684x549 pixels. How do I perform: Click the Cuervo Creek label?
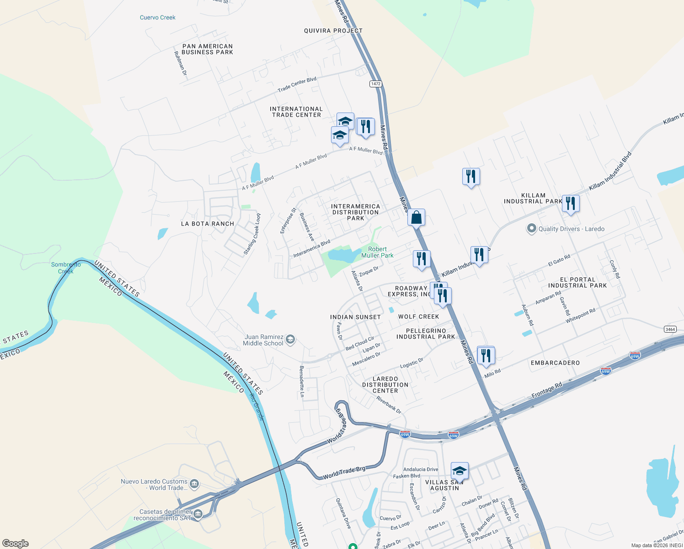point(158,17)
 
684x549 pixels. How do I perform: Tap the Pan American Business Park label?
point(207,49)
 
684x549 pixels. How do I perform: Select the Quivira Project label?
point(333,31)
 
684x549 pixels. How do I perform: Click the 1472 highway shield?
point(376,84)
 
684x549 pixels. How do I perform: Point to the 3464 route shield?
point(670,329)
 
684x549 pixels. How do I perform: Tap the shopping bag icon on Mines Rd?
point(416,217)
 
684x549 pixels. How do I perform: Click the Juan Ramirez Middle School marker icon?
point(290,339)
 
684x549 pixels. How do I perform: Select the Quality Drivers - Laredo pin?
point(531,228)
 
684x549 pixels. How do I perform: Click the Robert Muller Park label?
point(377,252)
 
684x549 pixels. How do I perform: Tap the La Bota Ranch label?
point(208,224)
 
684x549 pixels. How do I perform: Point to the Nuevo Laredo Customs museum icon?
point(194,484)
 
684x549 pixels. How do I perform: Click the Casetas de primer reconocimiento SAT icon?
point(198,514)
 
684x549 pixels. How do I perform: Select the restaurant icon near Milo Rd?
point(486,355)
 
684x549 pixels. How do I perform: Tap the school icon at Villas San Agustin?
point(459,471)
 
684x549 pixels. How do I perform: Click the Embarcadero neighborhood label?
point(555,363)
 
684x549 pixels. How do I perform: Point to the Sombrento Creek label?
point(66,268)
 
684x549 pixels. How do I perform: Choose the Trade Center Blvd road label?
point(297,84)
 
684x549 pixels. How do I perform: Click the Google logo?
point(16,544)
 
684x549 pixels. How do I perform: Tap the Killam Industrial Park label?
point(533,198)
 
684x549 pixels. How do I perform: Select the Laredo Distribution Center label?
point(385,385)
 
